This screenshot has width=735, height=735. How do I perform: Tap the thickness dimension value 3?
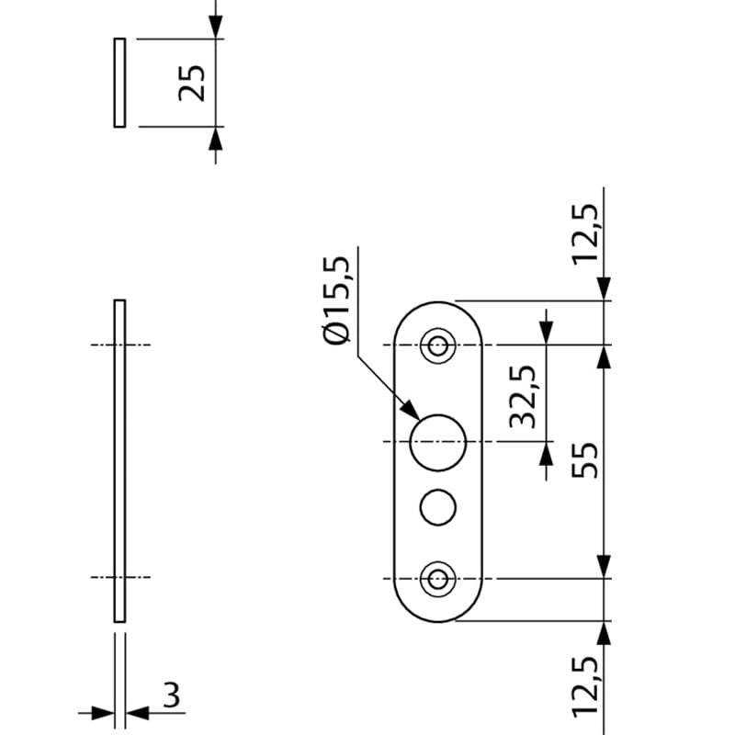click(171, 695)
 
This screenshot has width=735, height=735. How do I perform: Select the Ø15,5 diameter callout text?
click(337, 300)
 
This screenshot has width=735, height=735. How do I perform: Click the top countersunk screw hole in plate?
click(438, 346)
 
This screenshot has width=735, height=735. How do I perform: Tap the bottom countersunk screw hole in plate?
click(438, 579)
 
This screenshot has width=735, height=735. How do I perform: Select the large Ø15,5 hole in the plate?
click(438, 442)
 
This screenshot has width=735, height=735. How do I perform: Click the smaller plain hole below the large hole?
click(438, 506)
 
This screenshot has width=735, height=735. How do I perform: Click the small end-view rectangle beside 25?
click(119, 83)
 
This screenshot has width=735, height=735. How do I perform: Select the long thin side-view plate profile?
click(119, 459)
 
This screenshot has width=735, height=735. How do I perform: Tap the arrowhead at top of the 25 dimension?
click(215, 28)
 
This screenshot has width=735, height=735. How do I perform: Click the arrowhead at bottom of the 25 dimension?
click(215, 137)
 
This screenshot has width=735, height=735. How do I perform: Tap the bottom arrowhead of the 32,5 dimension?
click(547, 454)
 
